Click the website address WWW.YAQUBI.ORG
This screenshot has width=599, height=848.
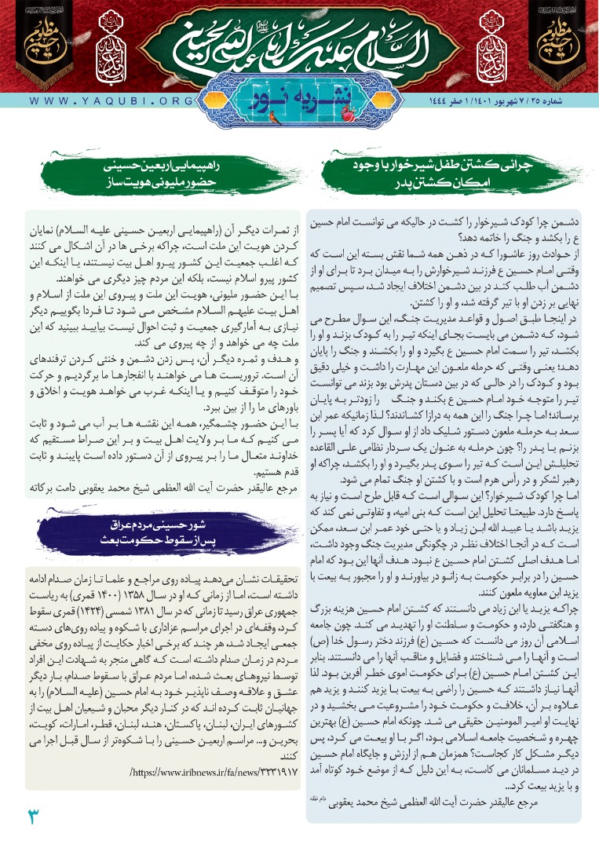pyautogui.click(x=103, y=101)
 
